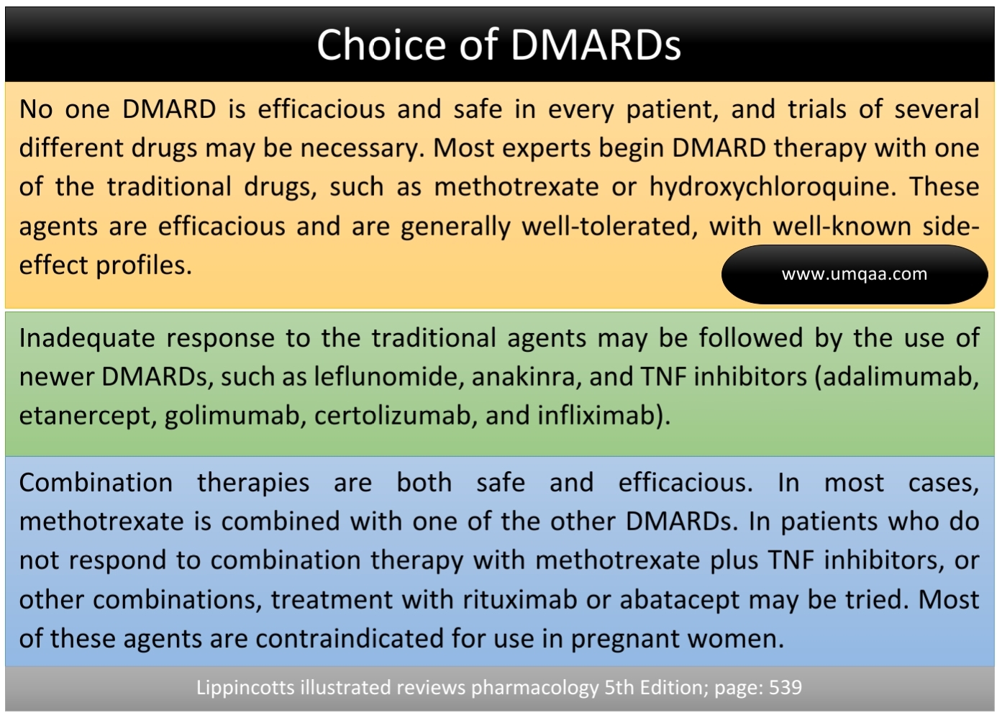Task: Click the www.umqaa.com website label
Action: point(854,274)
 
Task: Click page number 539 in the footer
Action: point(785,688)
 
